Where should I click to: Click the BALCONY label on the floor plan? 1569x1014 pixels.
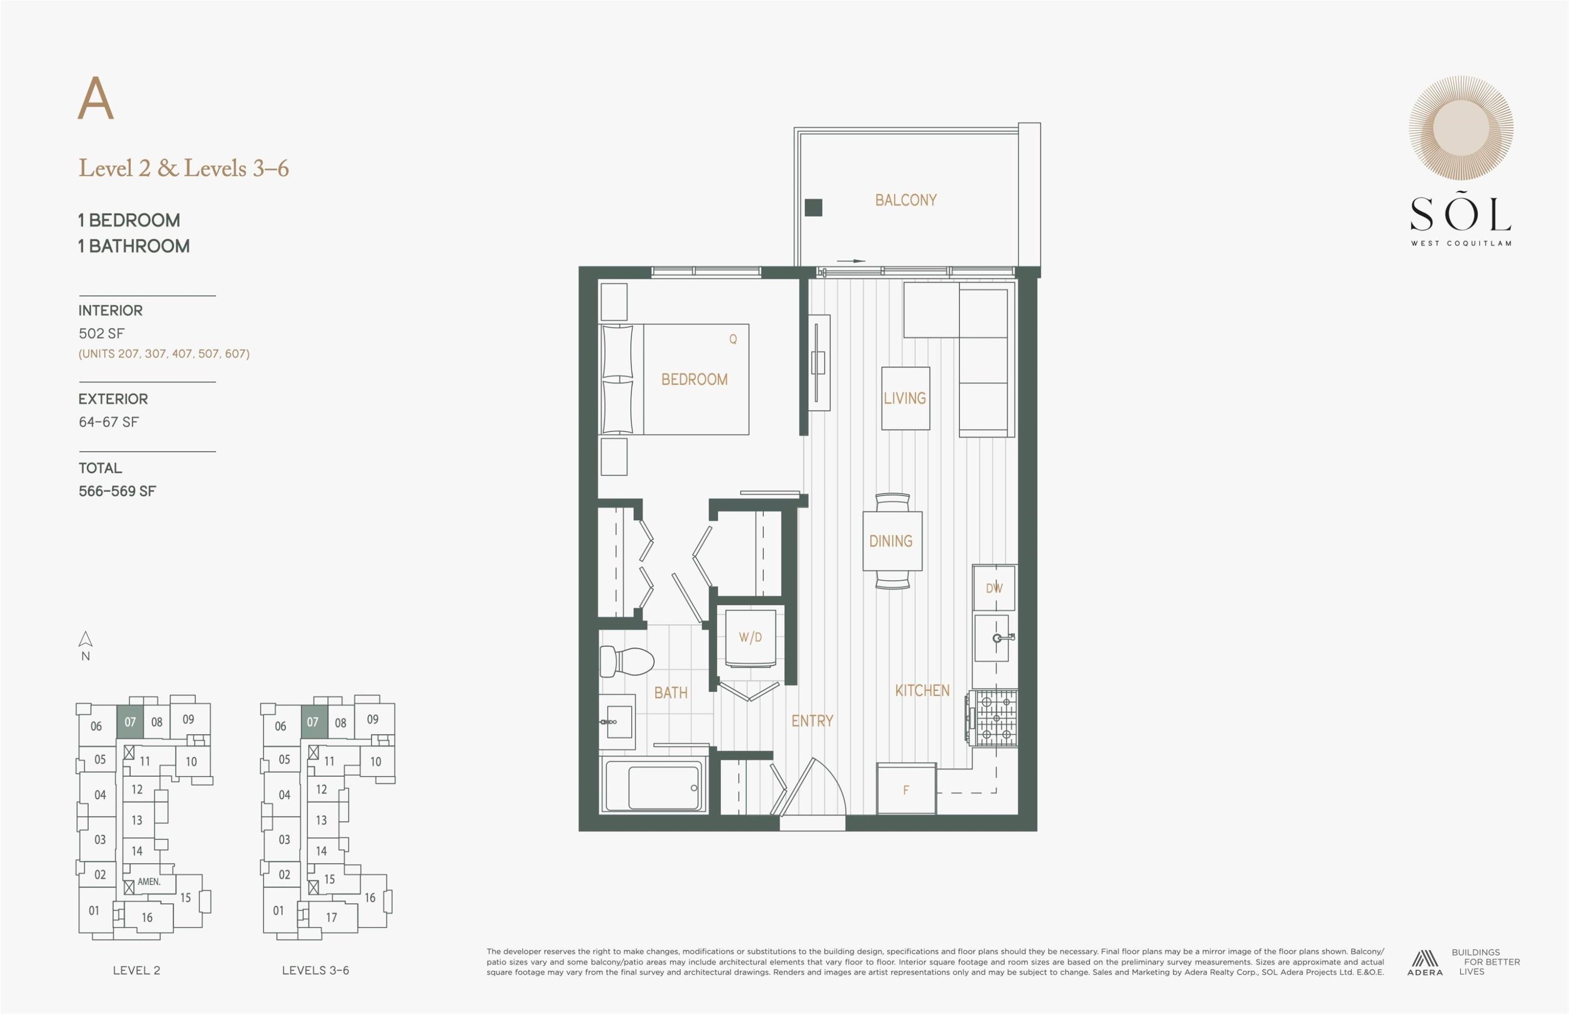(906, 200)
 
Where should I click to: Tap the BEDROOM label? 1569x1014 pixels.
(694, 379)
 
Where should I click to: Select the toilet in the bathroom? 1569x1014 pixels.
(627, 661)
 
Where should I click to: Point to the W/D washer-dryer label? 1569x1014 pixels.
(751, 637)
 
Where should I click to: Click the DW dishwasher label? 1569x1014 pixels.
(994, 588)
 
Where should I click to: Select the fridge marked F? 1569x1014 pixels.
(906, 789)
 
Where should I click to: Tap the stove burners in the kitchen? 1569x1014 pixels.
(995, 718)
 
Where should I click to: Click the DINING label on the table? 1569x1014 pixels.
(891, 541)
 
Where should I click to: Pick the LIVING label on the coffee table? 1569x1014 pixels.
(905, 398)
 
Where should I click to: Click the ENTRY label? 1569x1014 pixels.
(812, 721)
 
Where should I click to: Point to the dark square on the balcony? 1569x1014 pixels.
(813, 208)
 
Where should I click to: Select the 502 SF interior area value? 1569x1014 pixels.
(101, 334)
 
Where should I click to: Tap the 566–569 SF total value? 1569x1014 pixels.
(117, 491)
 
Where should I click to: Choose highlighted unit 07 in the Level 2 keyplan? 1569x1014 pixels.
(130, 722)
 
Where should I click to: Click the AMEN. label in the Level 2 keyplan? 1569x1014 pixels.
(149, 882)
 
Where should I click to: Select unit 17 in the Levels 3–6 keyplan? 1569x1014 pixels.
(332, 917)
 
